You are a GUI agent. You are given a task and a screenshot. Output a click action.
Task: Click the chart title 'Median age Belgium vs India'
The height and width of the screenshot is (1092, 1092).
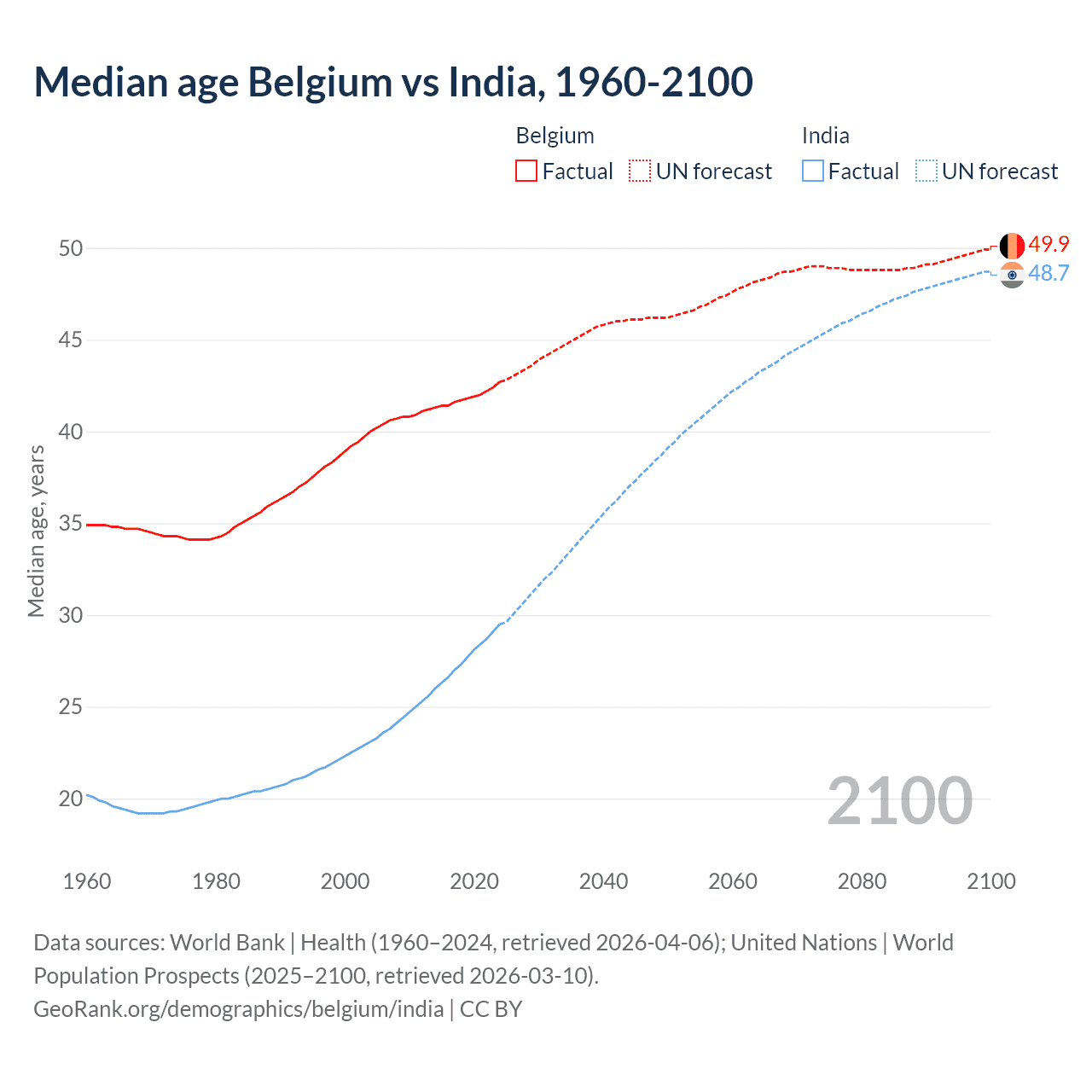point(392,82)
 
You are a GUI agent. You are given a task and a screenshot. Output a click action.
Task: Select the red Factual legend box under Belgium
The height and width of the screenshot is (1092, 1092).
point(526,171)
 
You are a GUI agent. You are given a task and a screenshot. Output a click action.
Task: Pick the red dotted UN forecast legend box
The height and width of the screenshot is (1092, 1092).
point(640,171)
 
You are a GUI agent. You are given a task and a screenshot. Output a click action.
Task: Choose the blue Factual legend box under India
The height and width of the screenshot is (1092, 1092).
point(813,171)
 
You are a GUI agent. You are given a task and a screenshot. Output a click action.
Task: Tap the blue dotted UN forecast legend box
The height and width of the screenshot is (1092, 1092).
point(926,171)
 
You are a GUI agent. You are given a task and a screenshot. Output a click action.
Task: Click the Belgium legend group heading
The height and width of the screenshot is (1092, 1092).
point(555,136)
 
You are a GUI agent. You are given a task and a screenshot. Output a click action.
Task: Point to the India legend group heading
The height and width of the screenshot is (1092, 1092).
point(825,136)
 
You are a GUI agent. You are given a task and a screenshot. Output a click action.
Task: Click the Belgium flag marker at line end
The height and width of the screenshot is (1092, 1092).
point(1012,246)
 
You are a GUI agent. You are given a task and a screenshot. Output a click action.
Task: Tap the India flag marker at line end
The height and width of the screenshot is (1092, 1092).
point(1012,275)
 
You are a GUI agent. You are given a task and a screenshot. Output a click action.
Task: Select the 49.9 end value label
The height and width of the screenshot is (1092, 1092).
point(1048,244)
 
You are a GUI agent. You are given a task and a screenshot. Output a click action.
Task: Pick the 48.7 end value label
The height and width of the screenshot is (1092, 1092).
point(1048,273)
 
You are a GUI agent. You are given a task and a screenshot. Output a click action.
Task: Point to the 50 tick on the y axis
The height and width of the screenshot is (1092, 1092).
point(71,248)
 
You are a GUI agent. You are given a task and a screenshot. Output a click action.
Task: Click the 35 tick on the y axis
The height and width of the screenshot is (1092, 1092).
point(71,523)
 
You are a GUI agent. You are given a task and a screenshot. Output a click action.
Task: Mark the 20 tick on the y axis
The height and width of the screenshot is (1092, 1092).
point(71,799)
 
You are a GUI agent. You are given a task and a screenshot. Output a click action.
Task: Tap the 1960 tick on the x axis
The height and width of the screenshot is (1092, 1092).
point(87,881)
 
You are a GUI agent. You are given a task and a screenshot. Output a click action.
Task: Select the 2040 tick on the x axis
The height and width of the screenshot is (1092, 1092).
point(603,881)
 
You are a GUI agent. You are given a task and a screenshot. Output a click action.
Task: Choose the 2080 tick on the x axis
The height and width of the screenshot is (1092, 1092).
point(862,881)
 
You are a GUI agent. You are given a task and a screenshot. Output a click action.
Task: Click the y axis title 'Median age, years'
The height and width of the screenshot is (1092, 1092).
point(36,531)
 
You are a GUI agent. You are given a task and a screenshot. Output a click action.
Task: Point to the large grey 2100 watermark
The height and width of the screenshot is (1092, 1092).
point(899,800)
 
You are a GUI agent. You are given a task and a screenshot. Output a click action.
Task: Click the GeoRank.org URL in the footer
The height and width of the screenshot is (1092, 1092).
point(238,1009)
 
